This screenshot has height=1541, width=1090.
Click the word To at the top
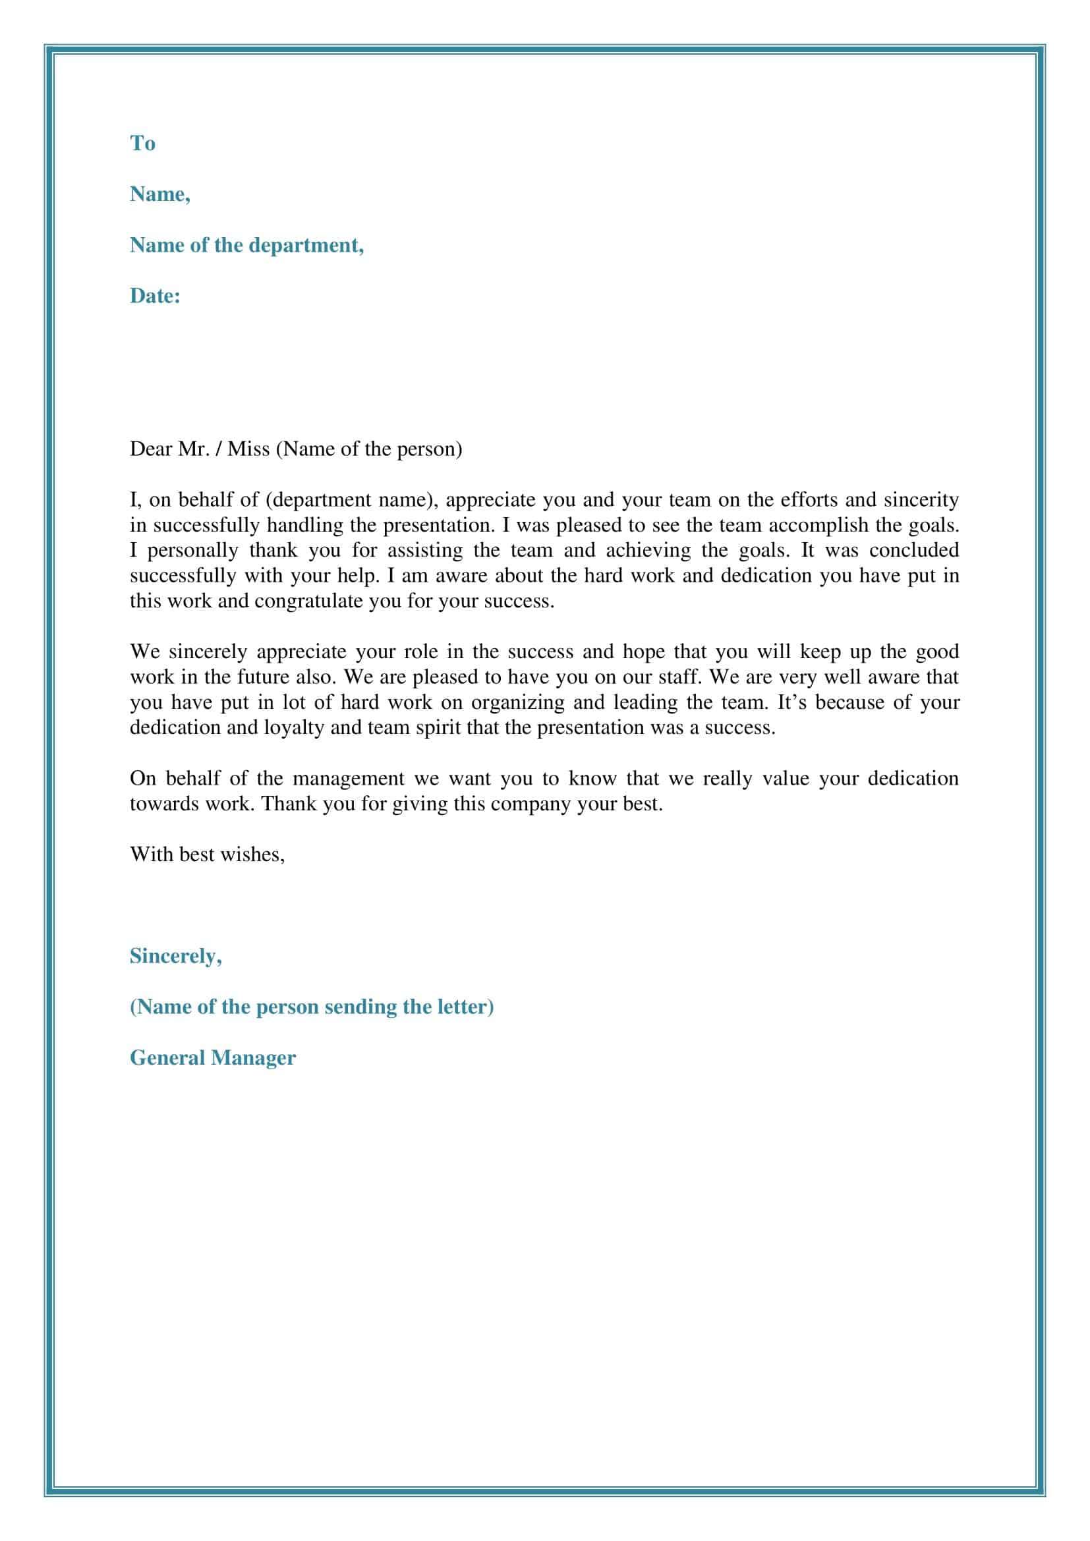142,143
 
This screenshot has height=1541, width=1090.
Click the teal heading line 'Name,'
159,194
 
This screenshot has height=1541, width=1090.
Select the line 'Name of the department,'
246,245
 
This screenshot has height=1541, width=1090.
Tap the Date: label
155,296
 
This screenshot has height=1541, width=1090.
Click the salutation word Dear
150,449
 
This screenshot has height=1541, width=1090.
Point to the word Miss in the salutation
248,449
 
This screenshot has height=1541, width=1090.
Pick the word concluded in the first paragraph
913,550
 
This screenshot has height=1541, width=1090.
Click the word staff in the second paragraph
679,677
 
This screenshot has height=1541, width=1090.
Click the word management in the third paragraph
349,779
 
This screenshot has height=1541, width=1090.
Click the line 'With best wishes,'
207,855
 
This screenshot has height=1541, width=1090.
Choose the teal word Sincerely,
175,956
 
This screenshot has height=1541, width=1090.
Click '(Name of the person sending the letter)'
312,1007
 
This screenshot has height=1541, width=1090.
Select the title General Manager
212,1058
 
